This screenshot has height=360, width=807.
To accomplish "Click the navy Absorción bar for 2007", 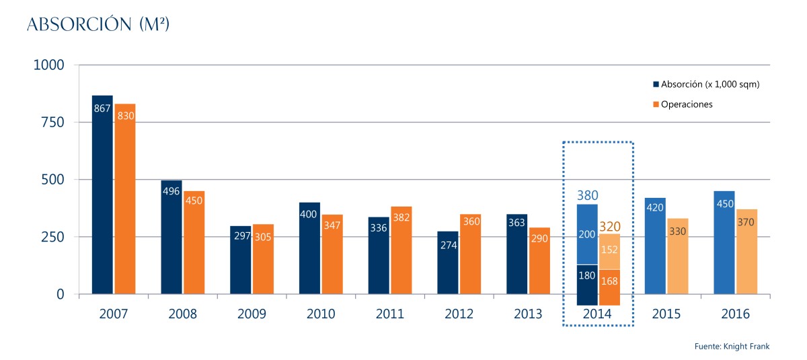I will click(x=102, y=195).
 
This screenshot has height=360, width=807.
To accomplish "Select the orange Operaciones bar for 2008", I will click(x=194, y=243).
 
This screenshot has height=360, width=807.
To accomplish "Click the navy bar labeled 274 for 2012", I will click(x=448, y=263).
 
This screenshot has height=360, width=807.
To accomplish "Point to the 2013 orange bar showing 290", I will click(x=539, y=261).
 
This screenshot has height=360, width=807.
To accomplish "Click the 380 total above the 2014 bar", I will click(x=587, y=196).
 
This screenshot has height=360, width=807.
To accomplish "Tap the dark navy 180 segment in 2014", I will click(x=587, y=285).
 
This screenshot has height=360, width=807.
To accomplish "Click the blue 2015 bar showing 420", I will click(x=655, y=246).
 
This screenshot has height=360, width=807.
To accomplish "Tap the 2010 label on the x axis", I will click(x=321, y=314).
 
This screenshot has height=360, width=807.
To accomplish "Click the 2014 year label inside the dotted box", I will click(x=597, y=314).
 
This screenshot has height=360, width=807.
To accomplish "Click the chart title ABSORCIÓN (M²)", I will click(x=98, y=25).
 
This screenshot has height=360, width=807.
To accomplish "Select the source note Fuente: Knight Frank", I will click(x=731, y=346).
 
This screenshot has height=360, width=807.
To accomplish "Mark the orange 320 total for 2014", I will click(x=609, y=227).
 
